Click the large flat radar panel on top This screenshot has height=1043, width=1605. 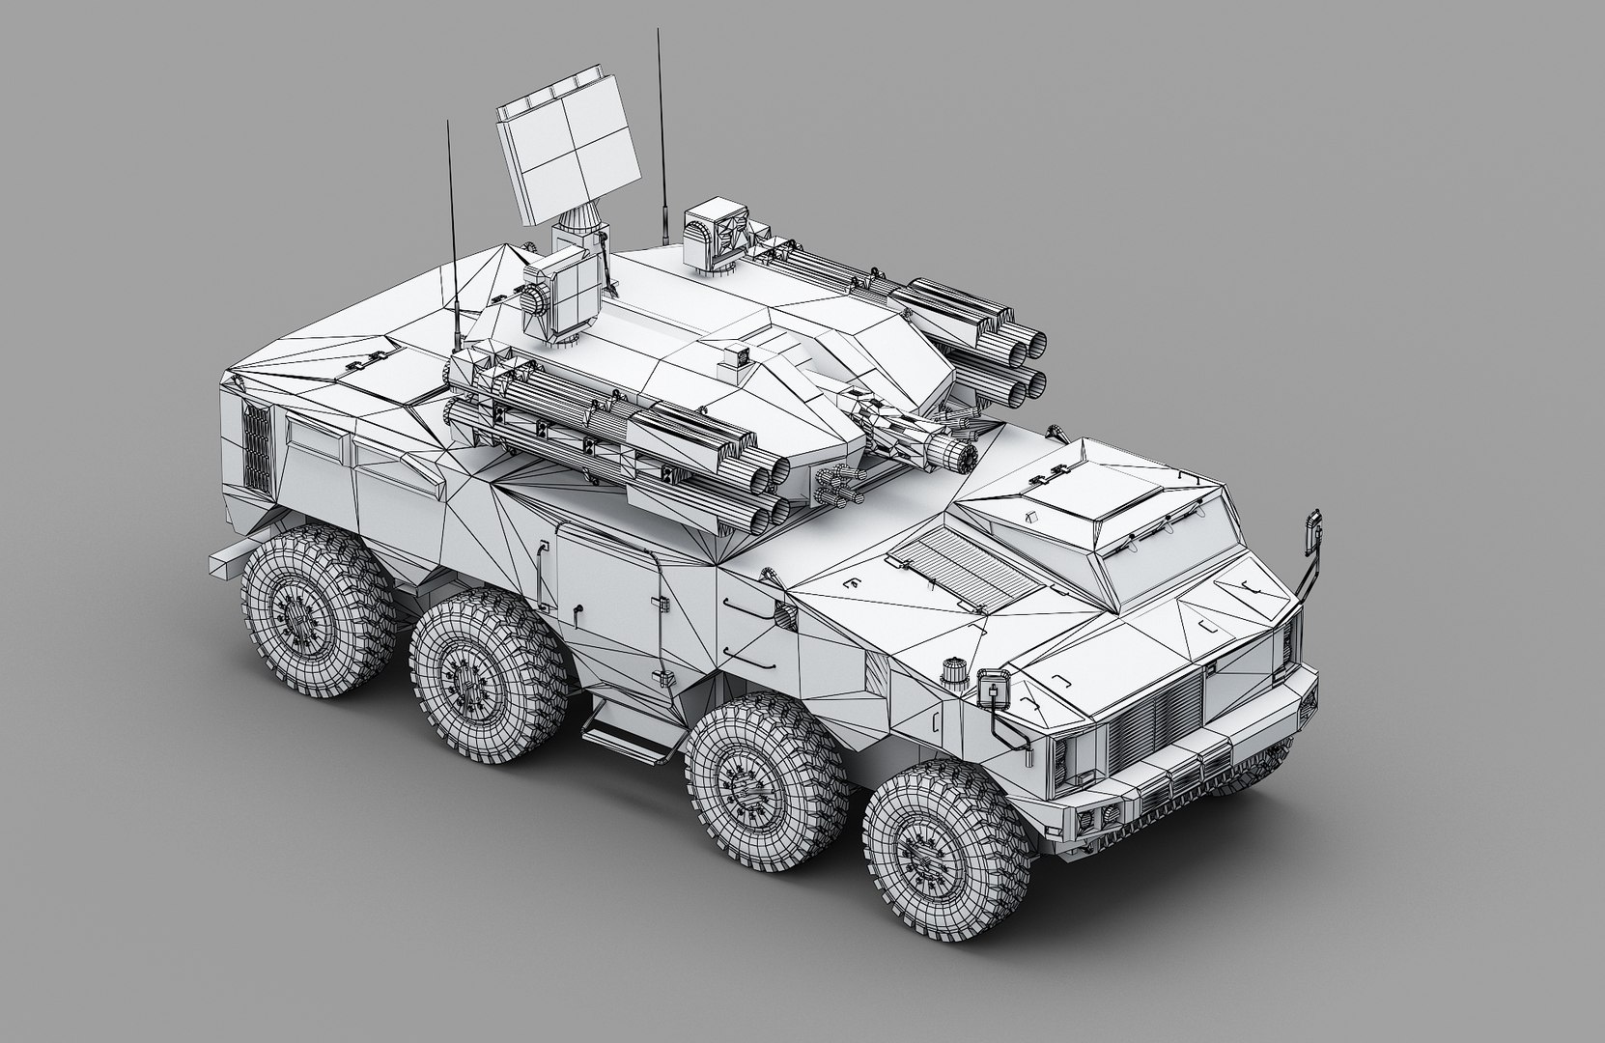[569, 155]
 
